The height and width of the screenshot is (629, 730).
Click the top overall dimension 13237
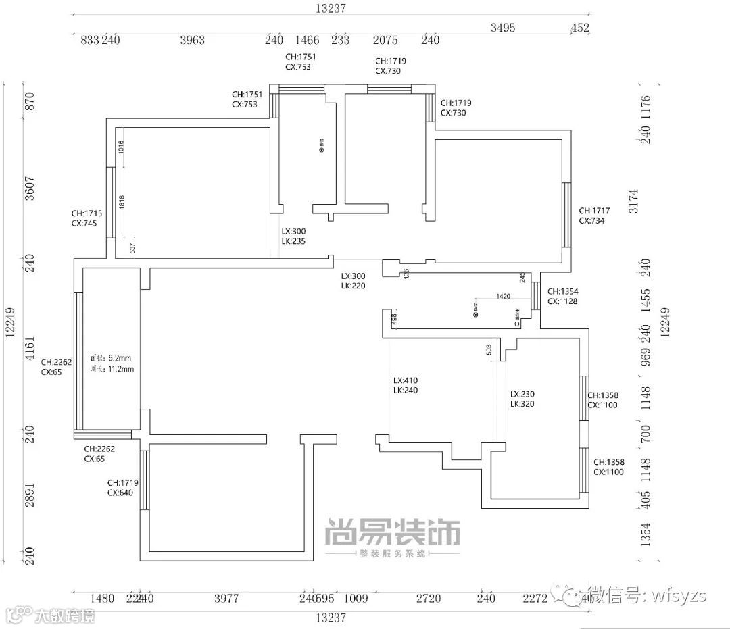click(x=331, y=8)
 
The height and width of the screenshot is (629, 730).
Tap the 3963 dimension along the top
click(x=192, y=41)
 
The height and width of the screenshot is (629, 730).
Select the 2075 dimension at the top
click(x=385, y=41)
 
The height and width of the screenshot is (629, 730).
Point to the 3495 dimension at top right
click(x=503, y=28)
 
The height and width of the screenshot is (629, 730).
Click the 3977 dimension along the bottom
click(x=226, y=598)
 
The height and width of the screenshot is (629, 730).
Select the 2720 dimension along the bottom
click(x=428, y=598)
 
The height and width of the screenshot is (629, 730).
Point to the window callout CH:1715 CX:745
click(x=87, y=218)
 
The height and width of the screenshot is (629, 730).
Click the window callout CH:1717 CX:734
click(x=594, y=216)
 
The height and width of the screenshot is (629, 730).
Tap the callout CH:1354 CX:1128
click(x=562, y=297)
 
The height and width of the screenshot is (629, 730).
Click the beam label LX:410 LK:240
click(x=406, y=385)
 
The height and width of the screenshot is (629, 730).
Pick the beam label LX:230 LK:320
click(x=522, y=399)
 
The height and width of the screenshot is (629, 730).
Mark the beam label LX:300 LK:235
click(x=294, y=236)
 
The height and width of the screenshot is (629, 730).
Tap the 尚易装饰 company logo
click(x=393, y=532)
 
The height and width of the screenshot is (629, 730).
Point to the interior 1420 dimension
click(x=503, y=296)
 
